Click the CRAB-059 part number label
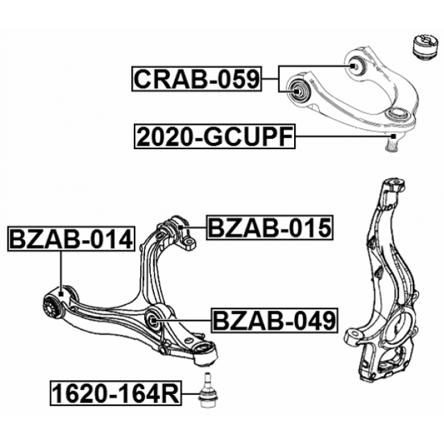[196, 79]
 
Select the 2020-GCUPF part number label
[214, 137]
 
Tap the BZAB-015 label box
[270, 228]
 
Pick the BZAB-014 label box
[71, 239]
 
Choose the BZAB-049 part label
[275, 321]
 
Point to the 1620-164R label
[116, 393]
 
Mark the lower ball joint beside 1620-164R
[206, 390]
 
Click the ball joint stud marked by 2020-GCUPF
[393, 142]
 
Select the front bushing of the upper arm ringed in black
[298, 90]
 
